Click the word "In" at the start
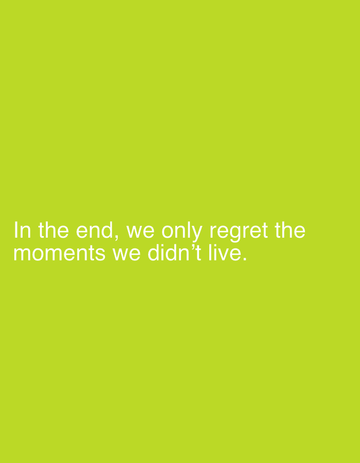(23, 230)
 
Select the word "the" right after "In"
(53, 230)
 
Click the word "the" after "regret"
(290, 230)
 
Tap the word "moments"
(60, 254)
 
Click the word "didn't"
(174, 253)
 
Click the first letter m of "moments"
(22, 255)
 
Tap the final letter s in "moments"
(100, 255)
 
